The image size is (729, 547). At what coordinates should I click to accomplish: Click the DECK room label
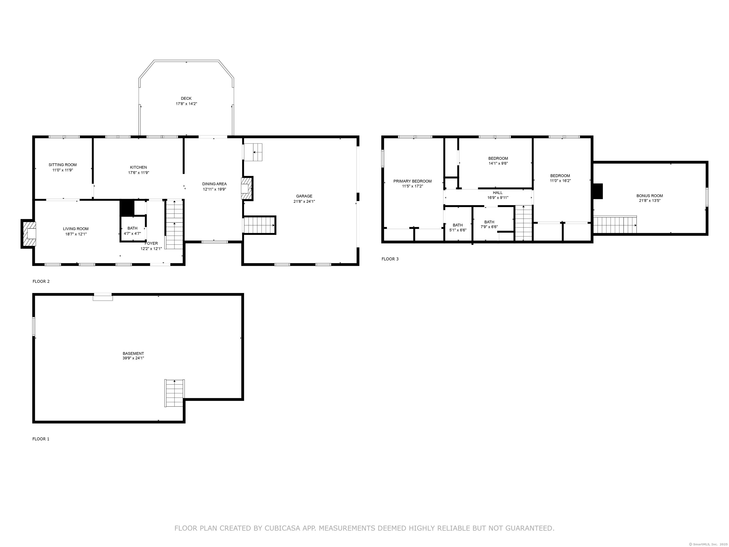pyautogui.click(x=186, y=98)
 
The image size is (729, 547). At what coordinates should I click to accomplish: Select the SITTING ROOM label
pyautogui.click(x=63, y=165)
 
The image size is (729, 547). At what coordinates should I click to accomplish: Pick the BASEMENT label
pyautogui.click(x=133, y=354)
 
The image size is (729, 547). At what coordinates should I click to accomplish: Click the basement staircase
pyautogui.click(x=174, y=393)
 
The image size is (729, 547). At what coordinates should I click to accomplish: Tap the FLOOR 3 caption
pyautogui.click(x=390, y=259)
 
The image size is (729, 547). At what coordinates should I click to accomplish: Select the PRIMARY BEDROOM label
pyautogui.click(x=412, y=181)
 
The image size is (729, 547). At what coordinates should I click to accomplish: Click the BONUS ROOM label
pyautogui.click(x=650, y=196)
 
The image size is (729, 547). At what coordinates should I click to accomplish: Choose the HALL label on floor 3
pyautogui.click(x=498, y=193)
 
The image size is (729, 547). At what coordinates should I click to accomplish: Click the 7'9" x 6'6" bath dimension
pyautogui.click(x=489, y=227)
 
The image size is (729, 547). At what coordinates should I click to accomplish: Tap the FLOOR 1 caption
pyautogui.click(x=41, y=439)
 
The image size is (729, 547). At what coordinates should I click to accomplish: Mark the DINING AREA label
pyautogui.click(x=214, y=184)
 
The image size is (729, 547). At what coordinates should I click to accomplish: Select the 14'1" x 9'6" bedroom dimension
pyautogui.click(x=498, y=163)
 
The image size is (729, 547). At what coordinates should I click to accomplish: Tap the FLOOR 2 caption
pyautogui.click(x=41, y=281)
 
